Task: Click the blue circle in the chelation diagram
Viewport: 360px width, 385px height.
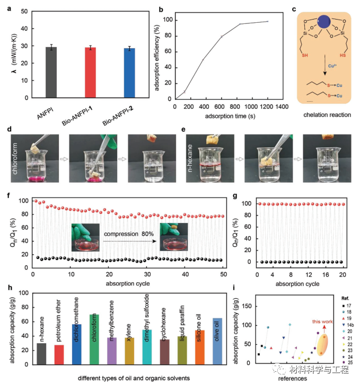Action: [324, 23]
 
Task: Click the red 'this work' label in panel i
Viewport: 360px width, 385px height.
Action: [322, 321]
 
